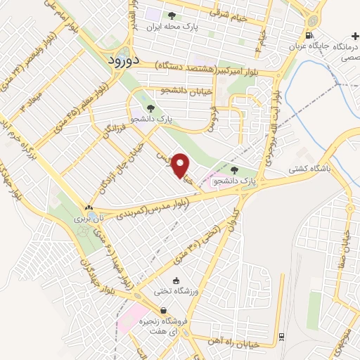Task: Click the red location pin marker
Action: pos(181,164)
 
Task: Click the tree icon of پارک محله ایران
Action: pos(172,15)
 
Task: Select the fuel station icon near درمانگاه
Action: pos(309,35)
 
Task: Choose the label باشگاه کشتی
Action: pos(309,169)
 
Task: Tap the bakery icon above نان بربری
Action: pos(89,208)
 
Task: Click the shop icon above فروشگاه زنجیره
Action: pos(163,310)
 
